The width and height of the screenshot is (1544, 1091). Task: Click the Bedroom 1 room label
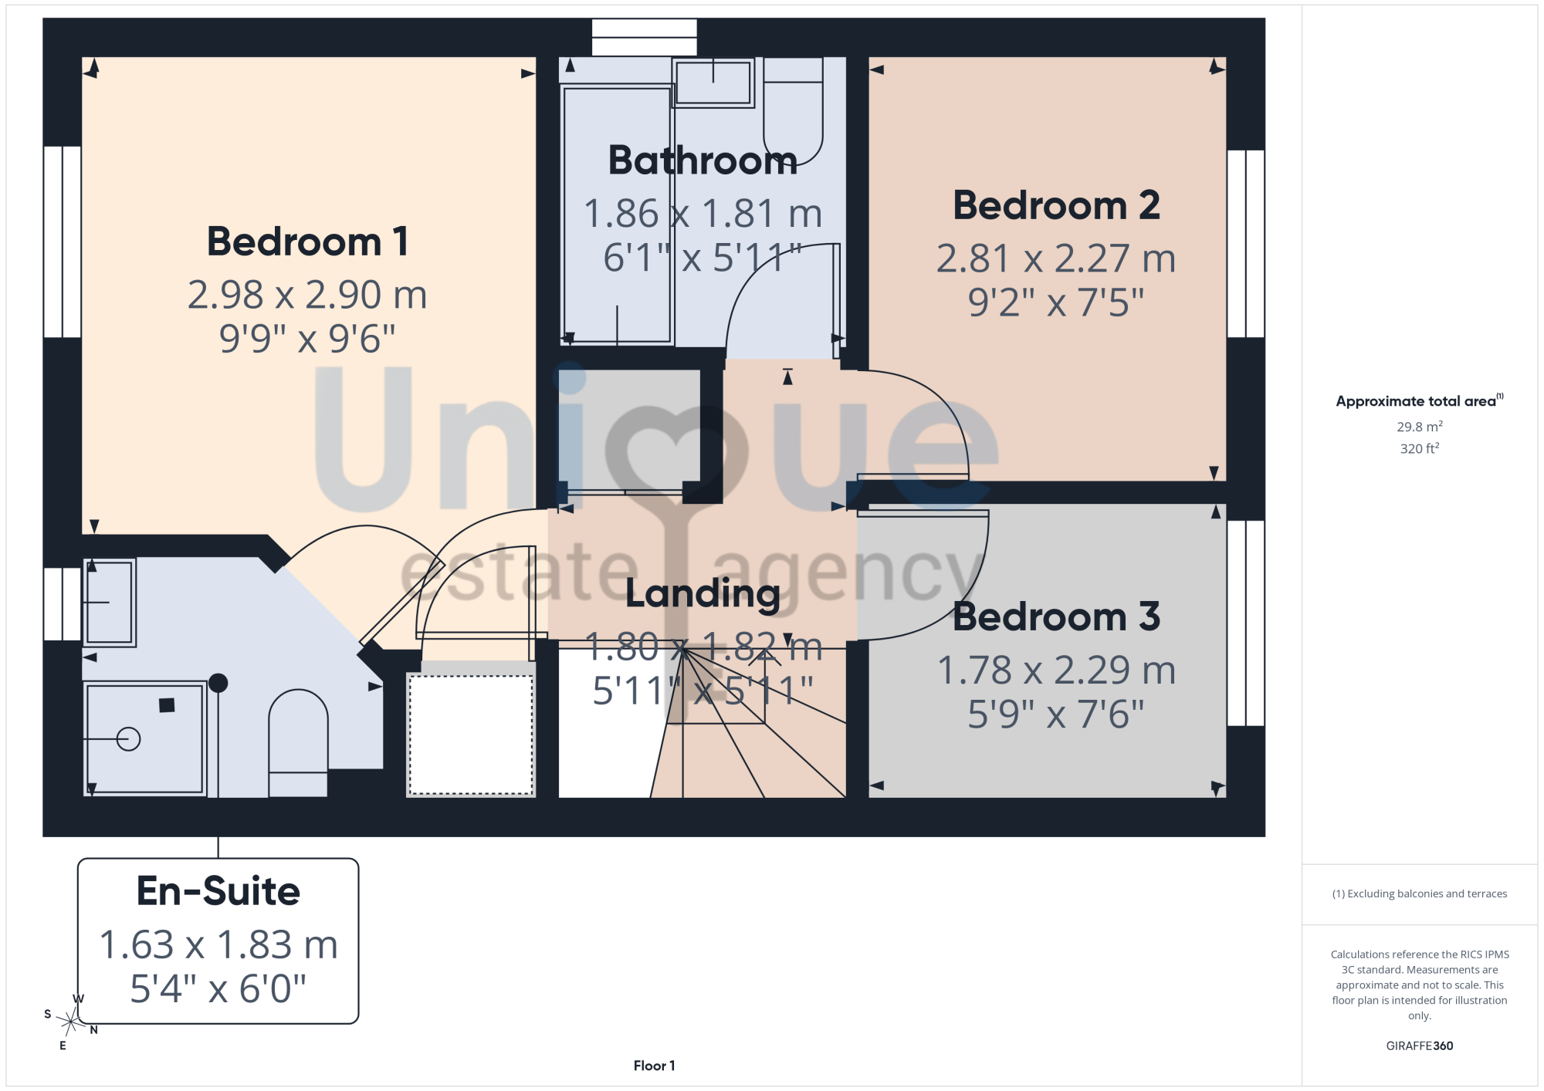pyautogui.click(x=307, y=242)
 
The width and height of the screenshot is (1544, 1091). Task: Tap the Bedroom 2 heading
pyautogui.click(x=1056, y=205)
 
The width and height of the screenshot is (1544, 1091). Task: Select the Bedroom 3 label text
pyautogui.click(x=1056, y=616)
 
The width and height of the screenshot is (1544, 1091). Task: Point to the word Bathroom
pyautogui.click(x=703, y=160)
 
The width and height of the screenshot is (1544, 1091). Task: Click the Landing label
pyautogui.click(x=703, y=594)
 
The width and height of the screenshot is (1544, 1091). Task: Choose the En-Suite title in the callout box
pyautogui.click(x=218, y=891)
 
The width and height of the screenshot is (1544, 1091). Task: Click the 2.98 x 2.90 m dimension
pyautogui.click(x=307, y=295)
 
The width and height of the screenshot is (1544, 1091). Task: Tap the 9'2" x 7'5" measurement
pyautogui.click(x=1056, y=302)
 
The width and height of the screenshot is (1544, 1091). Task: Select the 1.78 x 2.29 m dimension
pyautogui.click(x=1056, y=670)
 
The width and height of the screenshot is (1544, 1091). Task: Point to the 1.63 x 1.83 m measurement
pyautogui.click(x=218, y=944)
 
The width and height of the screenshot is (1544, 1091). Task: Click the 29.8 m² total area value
pyautogui.click(x=1420, y=427)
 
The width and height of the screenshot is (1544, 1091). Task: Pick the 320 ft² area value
pyautogui.click(x=1420, y=448)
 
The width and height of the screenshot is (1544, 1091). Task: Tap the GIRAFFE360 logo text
pyautogui.click(x=1420, y=1046)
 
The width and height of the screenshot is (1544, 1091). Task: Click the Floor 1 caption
pyautogui.click(x=654, y=1066)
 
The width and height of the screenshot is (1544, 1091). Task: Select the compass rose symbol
pyautogui.click(x=70, y=1022)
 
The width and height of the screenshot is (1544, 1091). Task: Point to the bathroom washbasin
pyautogui.click(x=713, y=83)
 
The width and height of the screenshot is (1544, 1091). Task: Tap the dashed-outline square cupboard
pyautogui.click(x=471, y=735)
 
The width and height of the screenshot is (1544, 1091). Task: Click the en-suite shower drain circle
pyautogui.click(x=129, y=739)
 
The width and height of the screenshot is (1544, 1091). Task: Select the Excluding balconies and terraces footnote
pyautogui.click(x=1420, y=893)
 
